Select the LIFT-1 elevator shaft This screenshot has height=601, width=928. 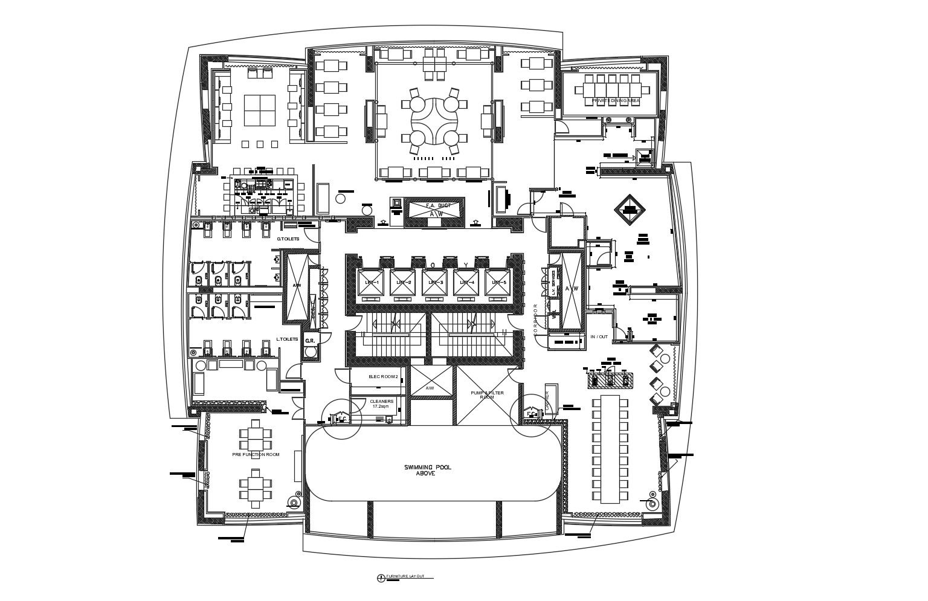click(370, 284)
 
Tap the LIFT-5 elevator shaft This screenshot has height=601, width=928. click(498, 284)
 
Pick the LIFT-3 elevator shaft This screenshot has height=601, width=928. click(434, 284)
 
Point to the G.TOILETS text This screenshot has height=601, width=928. click(288, 239)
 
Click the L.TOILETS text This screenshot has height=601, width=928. click(287, 339)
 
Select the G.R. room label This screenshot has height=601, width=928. click(310, 341)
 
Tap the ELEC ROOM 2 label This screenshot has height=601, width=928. click(383, 377)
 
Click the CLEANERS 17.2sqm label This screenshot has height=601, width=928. click(382, 403)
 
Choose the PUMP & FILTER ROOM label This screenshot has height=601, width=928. click(487, 394)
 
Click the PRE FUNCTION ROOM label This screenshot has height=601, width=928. click(256, 454)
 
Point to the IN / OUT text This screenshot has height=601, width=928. click(599, 336)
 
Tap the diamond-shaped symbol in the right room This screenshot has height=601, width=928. click(630, 210)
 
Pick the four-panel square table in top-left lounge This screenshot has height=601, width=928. click(260, 110)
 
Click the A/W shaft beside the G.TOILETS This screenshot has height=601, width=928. click(297, 286)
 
